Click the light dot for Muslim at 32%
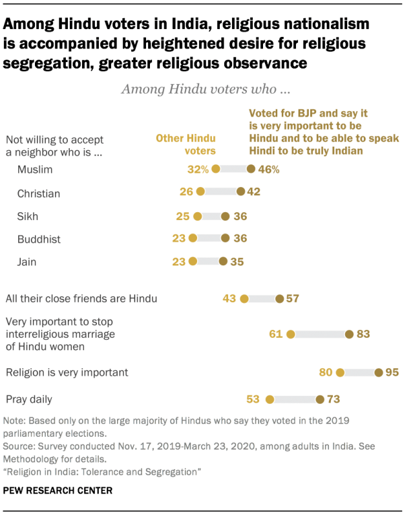point(216,170)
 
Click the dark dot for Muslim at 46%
point(251,170)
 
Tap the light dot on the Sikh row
point(197,216)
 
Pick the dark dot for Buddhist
point(225,238)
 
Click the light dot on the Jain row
point(192,261)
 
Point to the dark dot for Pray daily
point(319,399)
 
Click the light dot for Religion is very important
point(340,372)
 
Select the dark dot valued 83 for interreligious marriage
point(350,334)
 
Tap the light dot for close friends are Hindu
point(244,298)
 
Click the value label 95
point(392,372)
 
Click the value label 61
point(276,334)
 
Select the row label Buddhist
point(39,239)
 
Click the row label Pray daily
point(29,399)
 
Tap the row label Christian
point(39,193)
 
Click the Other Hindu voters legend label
point(185,144)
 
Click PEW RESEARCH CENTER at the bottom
point(58,490)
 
